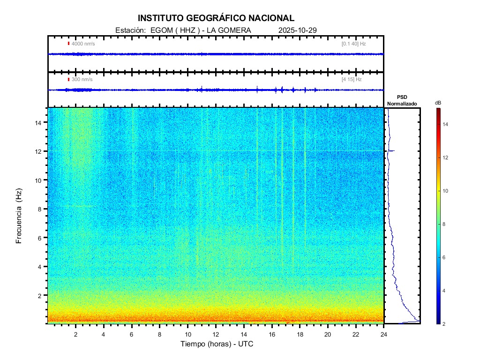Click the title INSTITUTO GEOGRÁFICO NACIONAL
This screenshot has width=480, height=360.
216,18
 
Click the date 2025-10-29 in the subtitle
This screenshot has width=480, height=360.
298,30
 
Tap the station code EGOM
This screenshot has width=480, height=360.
161,30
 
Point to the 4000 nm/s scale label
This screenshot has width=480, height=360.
83,44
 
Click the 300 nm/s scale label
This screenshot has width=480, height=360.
82,79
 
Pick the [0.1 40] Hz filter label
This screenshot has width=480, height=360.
353,44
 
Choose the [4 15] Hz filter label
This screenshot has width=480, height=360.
352,79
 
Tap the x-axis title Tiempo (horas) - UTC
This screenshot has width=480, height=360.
217,344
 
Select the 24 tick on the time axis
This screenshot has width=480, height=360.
384,334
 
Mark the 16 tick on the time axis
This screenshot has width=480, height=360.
272,334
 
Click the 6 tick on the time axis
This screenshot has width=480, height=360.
132,334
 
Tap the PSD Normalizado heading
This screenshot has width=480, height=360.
402,100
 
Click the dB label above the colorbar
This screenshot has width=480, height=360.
438,102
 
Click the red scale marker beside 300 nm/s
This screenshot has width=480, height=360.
68,79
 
